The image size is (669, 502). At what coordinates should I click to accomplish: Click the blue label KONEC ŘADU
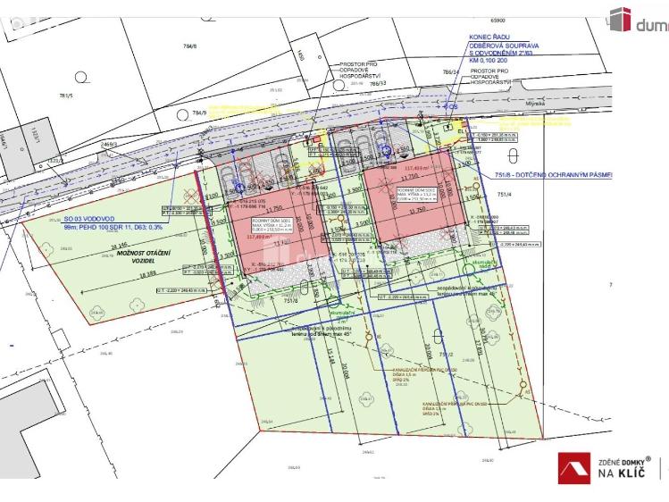click(x=487, y=38)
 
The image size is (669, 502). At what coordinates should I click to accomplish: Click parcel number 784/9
click(x=198, y=113)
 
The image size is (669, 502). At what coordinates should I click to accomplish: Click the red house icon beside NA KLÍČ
click(x=575, y=467)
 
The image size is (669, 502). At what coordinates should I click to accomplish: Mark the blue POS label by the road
click(x=452, y=106)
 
